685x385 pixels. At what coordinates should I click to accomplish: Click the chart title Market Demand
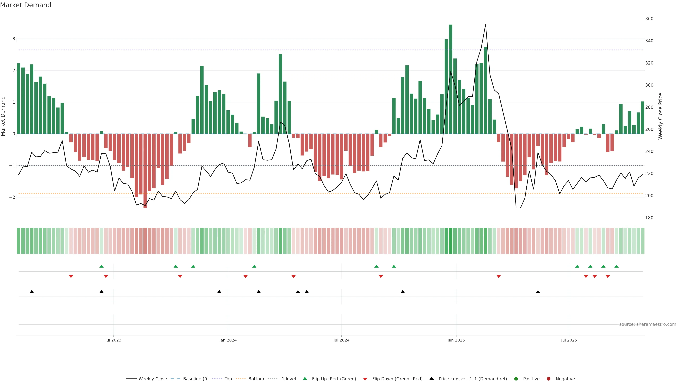[26, 5]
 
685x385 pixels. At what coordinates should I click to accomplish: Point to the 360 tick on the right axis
[649, 19]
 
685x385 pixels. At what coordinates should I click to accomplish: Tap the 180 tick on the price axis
[649, 218]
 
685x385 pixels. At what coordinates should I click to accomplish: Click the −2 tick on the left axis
[12, 197]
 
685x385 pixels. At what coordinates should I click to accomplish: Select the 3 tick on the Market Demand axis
[14, 39]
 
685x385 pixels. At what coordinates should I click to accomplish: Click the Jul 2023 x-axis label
[113, 340]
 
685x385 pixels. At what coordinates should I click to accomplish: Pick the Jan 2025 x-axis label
[456, 340]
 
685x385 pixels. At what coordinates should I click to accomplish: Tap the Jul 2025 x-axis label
[569, 340]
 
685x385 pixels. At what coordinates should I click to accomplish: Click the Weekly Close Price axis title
[661, 116]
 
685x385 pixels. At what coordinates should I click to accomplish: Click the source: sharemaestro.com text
[648, 324]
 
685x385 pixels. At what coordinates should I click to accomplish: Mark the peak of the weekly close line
[486, 25]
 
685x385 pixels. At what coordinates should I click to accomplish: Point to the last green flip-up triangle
[616, 266]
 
